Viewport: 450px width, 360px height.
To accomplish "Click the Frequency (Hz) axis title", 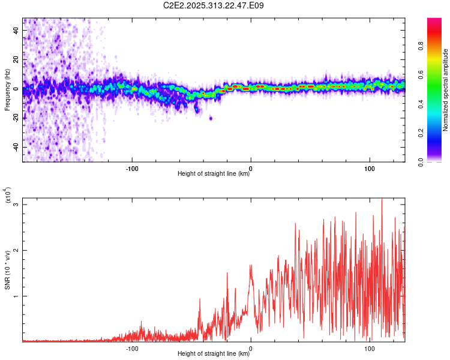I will pos(7,90).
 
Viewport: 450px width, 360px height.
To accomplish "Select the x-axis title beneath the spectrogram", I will pos(214,174).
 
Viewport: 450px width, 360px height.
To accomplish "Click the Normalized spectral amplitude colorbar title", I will pos(446,90).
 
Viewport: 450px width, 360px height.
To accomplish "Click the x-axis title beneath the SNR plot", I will pos(214,354).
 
